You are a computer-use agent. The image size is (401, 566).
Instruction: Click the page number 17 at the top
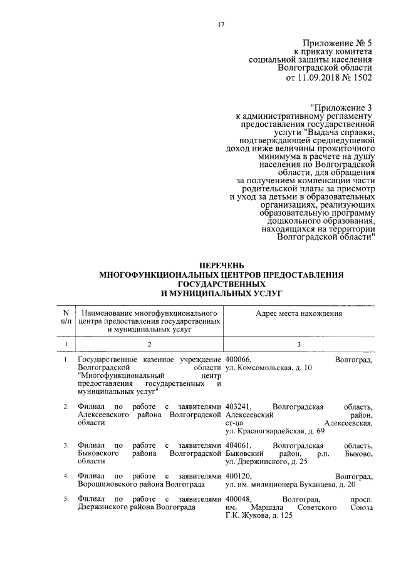pyautogui.click(x=221, y=24)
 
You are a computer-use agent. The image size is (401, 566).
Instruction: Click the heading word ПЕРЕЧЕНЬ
pyautogui.click(x=221, y=266)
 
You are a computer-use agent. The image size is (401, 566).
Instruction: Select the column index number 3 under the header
pyautogui.click(x=298, y=345)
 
